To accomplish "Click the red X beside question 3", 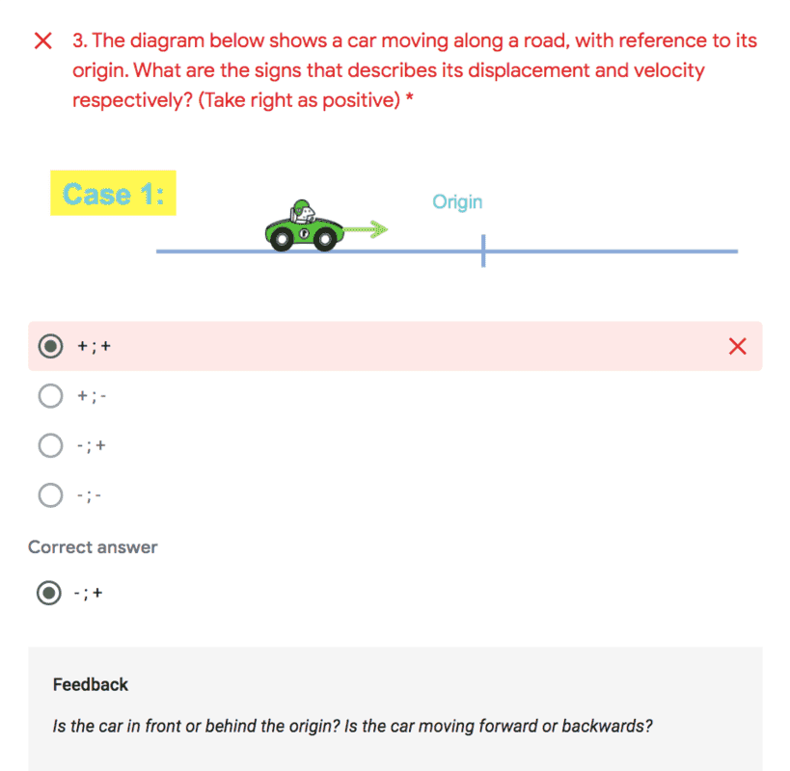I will tap(42, 40).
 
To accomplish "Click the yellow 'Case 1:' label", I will tap(113, 194).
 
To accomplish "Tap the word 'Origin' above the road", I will tap(457, 201).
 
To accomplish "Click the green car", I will tap(303, 228).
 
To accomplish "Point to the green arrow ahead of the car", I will tap(366, 229).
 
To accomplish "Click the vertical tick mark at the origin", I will tap(483, 251).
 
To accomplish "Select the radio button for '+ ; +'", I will tap(50, 346).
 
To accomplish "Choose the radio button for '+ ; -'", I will tap(50, 395).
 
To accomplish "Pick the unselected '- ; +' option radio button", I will tap(50, 445).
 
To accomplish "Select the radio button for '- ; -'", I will tap(50, 495).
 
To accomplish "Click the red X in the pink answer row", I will tap(738, 347).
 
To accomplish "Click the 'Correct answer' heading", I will tap(93, 547).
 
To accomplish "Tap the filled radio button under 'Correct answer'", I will tap(48, 593).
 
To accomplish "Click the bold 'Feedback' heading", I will tap(91, 685).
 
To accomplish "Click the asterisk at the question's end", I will tap(410, 98).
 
